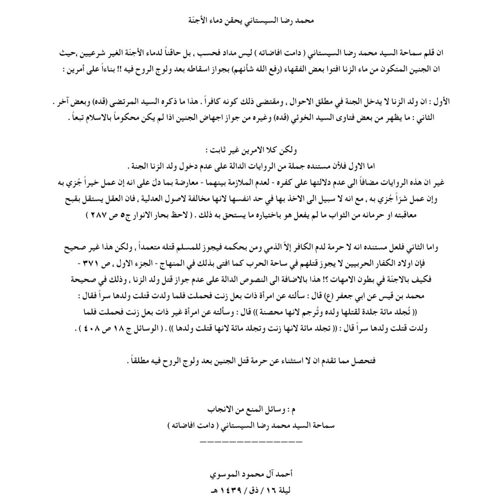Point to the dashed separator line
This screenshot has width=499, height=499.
click(x=251, y=441)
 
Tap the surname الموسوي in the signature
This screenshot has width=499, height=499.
click(x=225, y=475)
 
